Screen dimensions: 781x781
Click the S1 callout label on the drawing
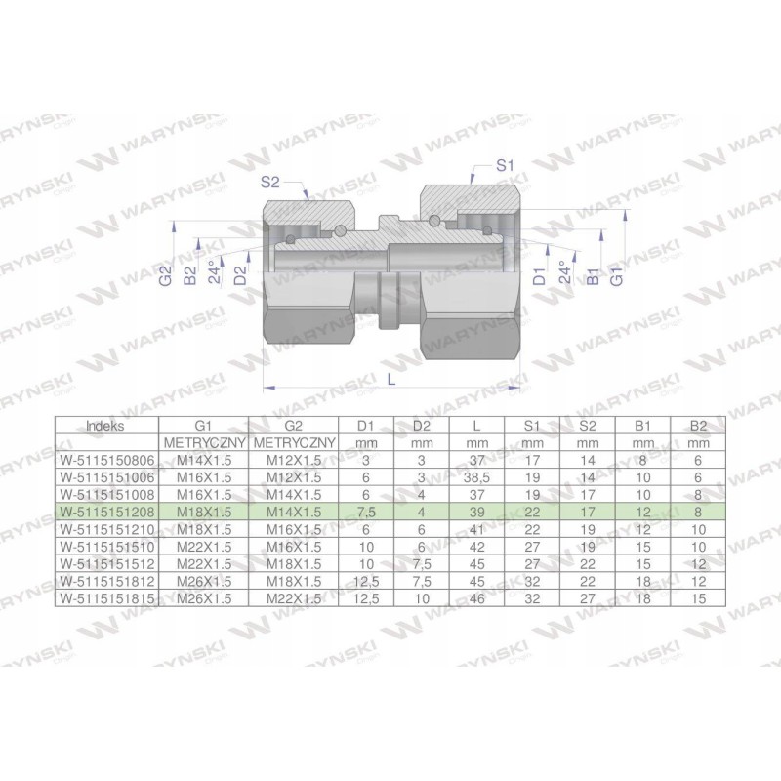point(505,167)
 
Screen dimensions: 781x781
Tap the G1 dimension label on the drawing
point(616,277)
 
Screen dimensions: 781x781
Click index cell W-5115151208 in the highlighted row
point(106,509)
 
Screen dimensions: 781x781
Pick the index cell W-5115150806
point(106,459)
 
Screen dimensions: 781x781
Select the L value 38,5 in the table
point(477,475)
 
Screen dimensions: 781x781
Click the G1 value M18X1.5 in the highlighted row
point(203,509)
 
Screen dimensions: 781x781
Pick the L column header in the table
point(477,426)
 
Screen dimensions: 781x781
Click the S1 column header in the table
point(531,426)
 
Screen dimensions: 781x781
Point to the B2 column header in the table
point(697,426)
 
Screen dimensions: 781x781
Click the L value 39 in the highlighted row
point(477,509)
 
